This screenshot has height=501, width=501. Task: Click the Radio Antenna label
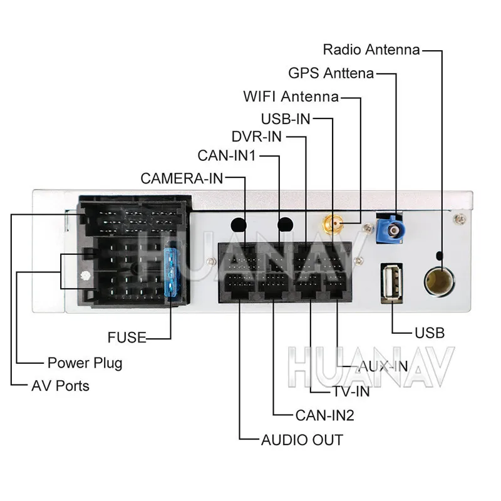371,50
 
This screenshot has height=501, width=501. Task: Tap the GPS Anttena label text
331,73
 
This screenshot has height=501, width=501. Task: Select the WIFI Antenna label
291,96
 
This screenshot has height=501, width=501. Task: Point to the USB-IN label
286,119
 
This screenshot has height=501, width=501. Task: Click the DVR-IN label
257,137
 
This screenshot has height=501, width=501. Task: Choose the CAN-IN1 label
227,155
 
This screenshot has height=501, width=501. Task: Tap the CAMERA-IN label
182,178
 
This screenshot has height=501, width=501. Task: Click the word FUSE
127,338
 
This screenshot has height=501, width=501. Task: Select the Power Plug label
85,363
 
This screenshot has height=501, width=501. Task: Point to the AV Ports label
60,386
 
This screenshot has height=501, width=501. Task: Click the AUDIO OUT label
302,440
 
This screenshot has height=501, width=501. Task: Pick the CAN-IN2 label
325,415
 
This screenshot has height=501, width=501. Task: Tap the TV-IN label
351,392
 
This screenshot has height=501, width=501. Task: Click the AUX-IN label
383,366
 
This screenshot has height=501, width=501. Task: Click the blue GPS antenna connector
390,229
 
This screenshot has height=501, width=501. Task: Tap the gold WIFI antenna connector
333,224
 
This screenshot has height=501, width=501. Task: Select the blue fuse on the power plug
171,272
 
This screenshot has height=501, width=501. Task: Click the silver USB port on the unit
391,283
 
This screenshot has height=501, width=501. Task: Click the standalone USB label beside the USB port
430,333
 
